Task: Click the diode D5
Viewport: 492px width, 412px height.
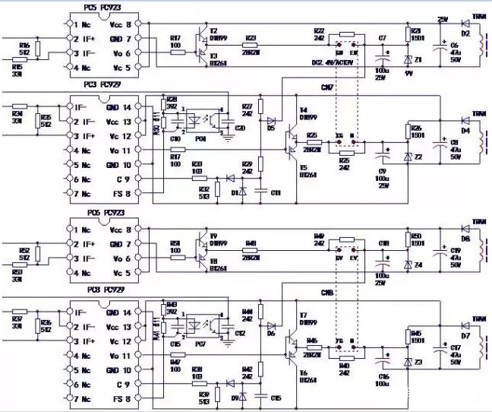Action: click(270, 122)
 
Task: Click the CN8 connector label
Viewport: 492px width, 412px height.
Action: click(327, 292)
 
